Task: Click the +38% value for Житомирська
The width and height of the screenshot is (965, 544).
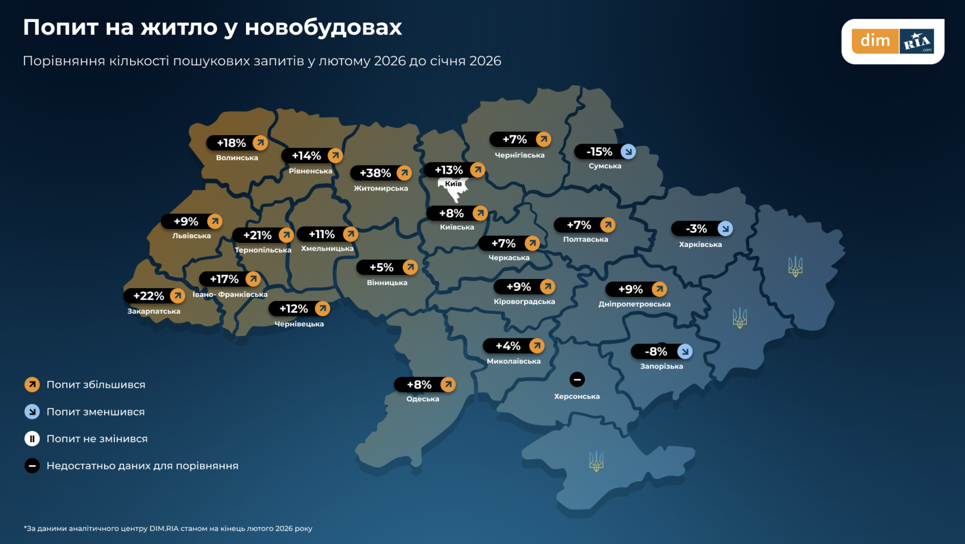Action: (375, 173)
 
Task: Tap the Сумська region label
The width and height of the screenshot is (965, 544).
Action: (605, 166)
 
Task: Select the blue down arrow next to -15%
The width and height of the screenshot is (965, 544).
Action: (628, 152)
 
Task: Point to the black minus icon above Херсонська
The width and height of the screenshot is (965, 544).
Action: (577, 379)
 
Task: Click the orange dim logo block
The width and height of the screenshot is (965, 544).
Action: (875, 41)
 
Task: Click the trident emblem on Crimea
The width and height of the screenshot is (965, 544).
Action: (596, 461)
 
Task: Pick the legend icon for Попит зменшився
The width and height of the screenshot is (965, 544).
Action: (32, 412)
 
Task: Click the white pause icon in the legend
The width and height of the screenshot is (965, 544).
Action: (32, 439)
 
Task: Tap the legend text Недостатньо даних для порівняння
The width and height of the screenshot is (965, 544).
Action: (142, 466)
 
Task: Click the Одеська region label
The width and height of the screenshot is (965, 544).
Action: (423, 399)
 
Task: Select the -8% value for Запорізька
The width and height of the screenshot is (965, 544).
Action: (656, 352)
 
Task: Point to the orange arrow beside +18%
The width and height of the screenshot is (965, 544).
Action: (260, 143)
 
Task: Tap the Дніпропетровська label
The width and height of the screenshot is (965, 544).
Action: (634, 304)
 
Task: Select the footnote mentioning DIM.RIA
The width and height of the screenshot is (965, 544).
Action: (168, 529)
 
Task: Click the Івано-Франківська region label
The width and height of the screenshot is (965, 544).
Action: (230, 295)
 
